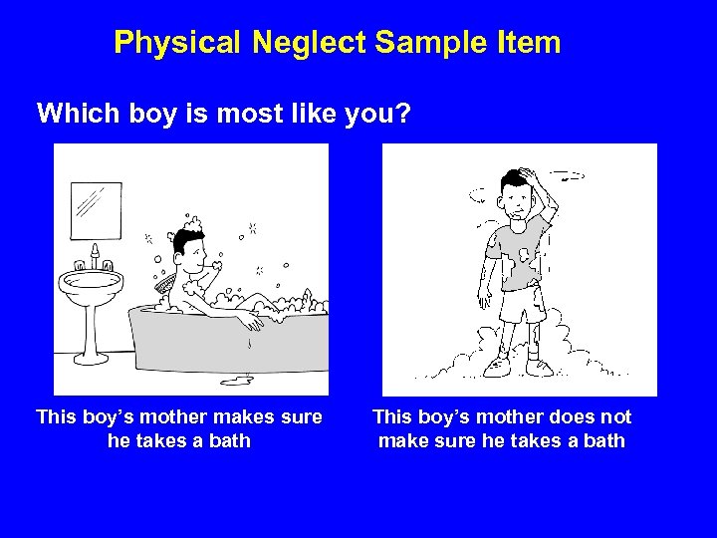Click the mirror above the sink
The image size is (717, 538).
click(x=95, y=208)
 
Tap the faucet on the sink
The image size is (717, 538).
click(x=96, y=257)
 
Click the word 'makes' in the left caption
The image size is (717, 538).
click(x=245, y=417)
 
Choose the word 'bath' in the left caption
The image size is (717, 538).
click(x=229, y=440)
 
